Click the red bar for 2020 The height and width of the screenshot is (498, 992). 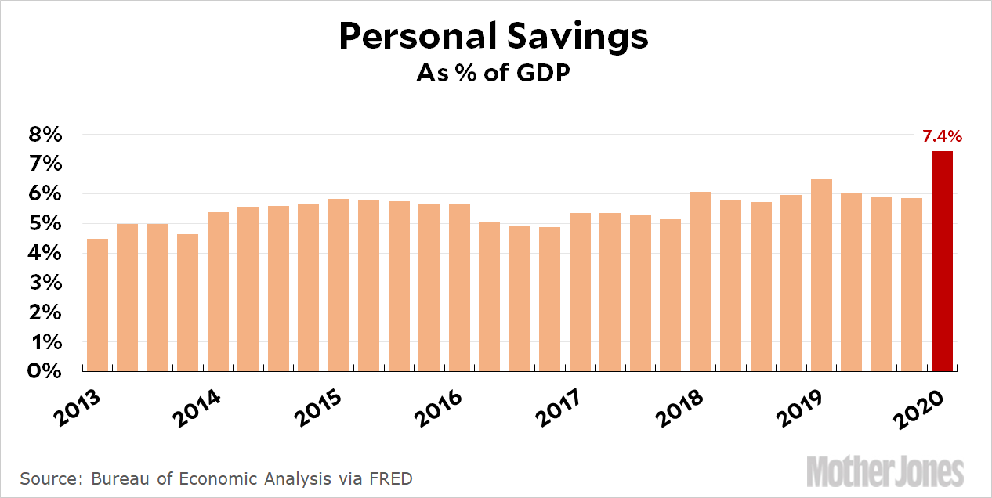942,261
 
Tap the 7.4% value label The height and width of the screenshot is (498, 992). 942,137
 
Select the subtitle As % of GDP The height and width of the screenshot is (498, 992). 494,74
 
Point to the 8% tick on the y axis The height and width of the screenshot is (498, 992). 45,135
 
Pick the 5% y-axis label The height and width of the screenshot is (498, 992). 45,224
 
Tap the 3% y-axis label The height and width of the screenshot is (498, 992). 45,283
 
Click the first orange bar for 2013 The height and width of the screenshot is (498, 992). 97,305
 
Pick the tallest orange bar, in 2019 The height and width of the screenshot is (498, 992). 821,275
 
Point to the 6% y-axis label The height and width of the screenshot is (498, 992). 45,194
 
